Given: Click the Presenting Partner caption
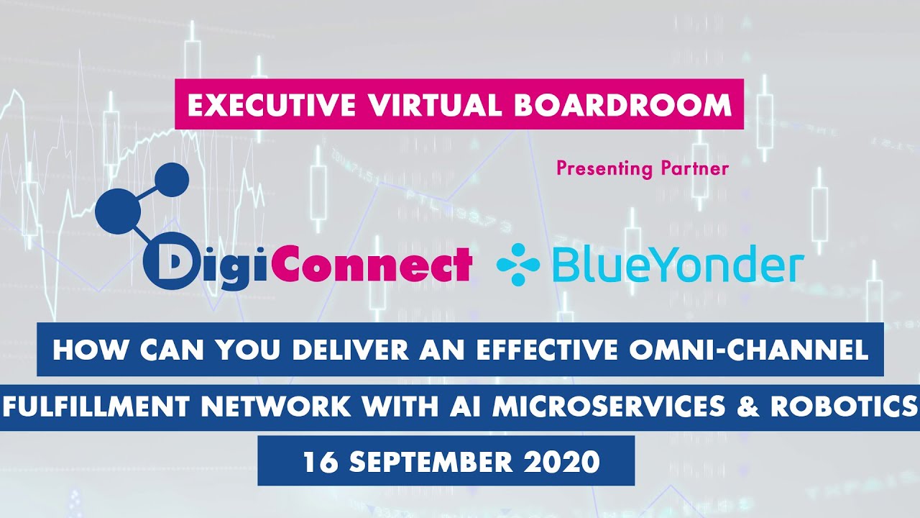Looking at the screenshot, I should click(643, 169).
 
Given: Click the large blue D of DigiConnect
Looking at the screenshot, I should click(167, 265).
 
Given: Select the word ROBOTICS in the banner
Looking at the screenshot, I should click(842, 406).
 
